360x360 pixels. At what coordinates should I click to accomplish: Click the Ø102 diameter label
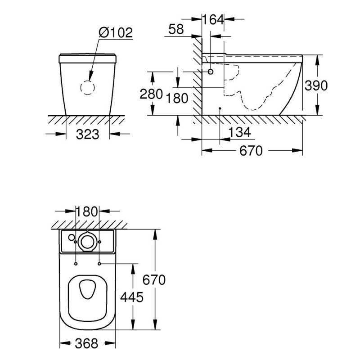[x=116, y=32]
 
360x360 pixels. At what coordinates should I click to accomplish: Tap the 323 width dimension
[x=87, y=134]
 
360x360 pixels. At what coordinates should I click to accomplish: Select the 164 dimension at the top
[x=213, y=19]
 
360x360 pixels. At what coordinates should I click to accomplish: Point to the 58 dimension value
[x=176, y=29]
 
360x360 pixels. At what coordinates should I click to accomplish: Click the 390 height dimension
[x=316, y=85]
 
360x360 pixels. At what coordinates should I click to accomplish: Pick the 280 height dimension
[x=151, y=94]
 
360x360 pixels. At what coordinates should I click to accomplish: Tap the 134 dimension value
[x=239, y=132]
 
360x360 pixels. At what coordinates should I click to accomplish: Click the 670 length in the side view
[x=251, y=151]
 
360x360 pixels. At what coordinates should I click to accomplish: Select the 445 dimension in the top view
[x=132, y=297]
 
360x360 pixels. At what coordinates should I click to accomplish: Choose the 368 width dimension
[x=86, y=343]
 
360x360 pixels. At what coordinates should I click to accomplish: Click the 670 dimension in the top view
[x=154, y=279]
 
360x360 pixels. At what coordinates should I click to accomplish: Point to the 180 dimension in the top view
[x=86, y=211]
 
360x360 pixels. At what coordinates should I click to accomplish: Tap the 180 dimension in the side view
[x=177, y=98]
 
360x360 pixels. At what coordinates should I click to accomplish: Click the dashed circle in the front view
[x=88, y=87]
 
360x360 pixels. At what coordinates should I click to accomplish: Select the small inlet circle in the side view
[x=211, y=72]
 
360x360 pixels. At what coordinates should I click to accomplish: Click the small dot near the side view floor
[x=220, y=108]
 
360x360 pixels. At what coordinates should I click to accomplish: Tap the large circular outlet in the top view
[x=87, y=242]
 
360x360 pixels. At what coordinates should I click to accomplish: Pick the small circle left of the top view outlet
[x=72, y=237]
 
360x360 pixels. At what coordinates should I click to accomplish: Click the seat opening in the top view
[x=87, y=289]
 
